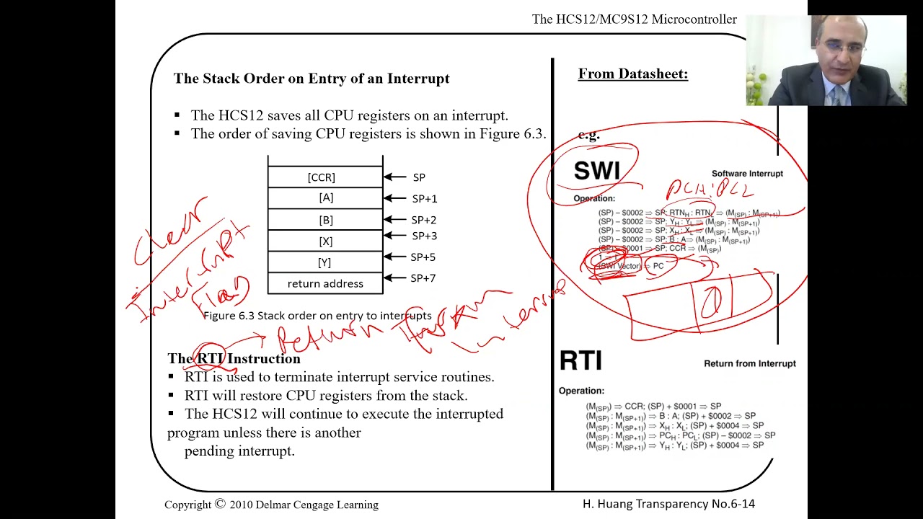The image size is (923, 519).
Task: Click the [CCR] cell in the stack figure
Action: [x=322, y=177]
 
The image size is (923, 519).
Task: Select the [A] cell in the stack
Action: [x=325, y=198]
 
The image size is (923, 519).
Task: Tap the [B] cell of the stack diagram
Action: [x=325, y=219]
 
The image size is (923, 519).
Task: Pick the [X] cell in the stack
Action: [x=324, y=241]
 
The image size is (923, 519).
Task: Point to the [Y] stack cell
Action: [x=324, y=262]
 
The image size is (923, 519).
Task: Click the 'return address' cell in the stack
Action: [x=325, y=283]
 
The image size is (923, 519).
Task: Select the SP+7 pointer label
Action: [x=423, y=278]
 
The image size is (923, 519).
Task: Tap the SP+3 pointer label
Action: [x=424, y=236]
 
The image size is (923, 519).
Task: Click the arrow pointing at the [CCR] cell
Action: [x=394, y=177]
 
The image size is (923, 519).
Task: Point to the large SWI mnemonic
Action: [x=596, y=171]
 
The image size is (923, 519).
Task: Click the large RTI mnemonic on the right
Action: [x=580, y=360]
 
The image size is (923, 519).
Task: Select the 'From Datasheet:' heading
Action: [x=633, y=74]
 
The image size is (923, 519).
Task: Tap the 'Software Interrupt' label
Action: [x=747, y=174]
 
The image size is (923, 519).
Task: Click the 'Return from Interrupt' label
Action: [x=750, y=363]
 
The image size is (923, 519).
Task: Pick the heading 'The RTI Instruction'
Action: [x=234, y=358]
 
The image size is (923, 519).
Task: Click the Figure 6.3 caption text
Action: [x=317, y=316]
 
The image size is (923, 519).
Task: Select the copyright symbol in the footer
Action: [x=220, y=504]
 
